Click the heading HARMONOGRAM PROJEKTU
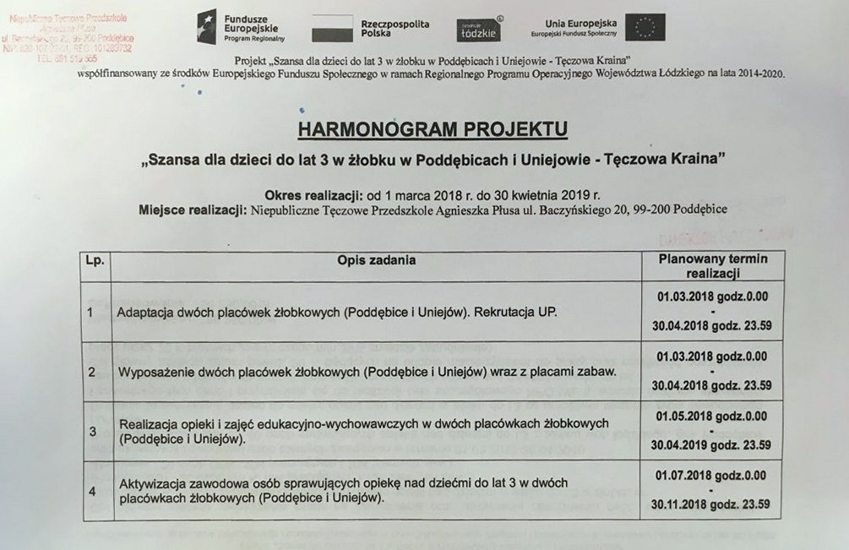coord(433,128)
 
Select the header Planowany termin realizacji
coord(713,266)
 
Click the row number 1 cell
coord(91,312)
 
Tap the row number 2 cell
coord(91,371)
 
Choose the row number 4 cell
coord(92,491)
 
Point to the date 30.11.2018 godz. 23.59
coord(712,504)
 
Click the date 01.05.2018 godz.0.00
coord(712,416)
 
